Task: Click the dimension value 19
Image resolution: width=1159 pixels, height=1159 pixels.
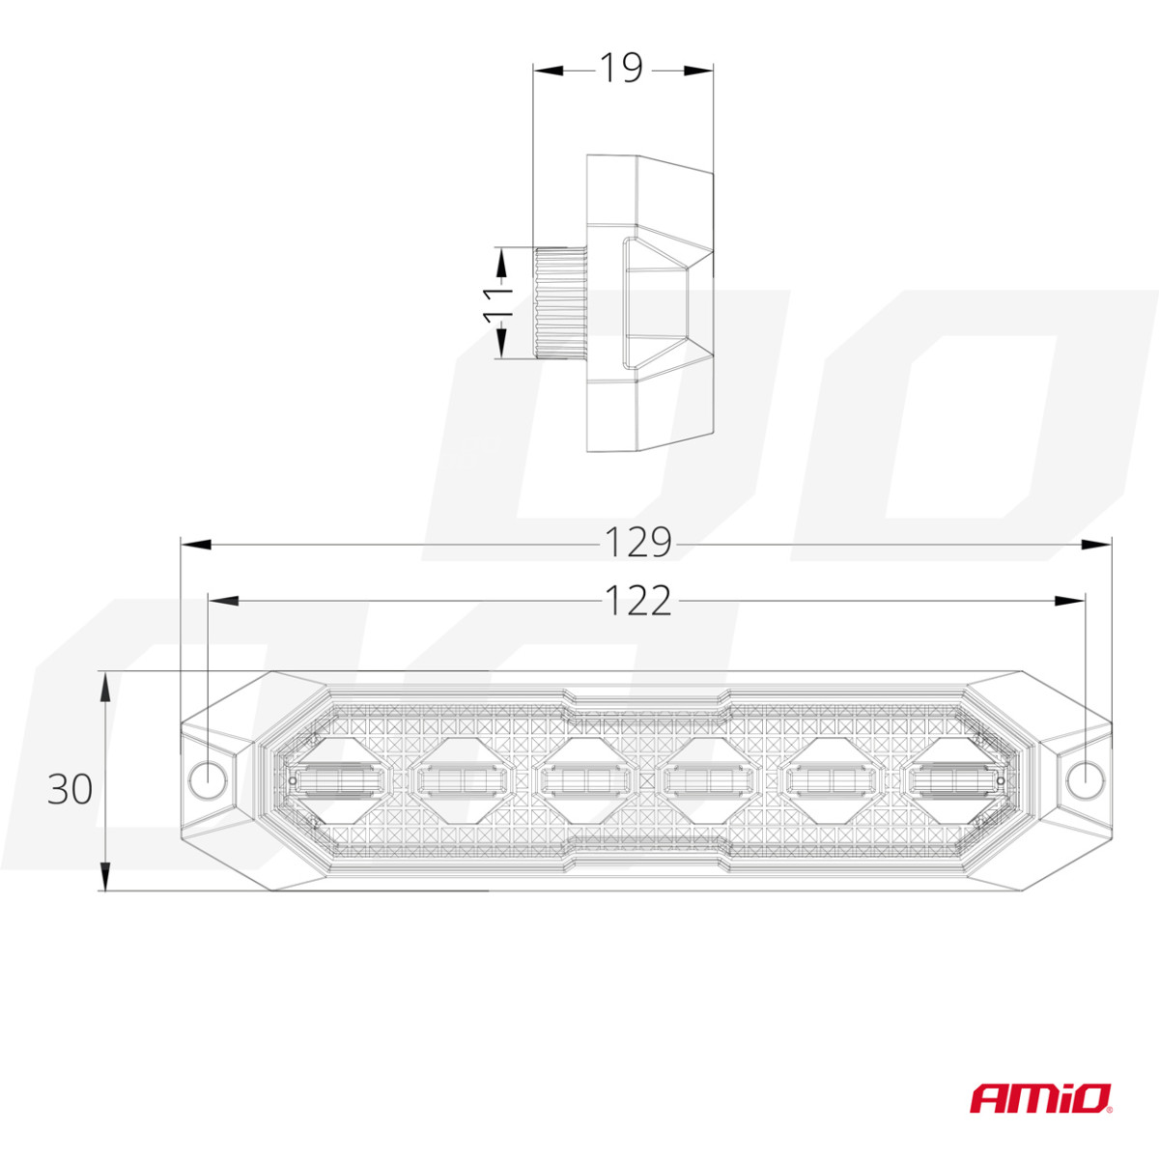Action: point(621,68)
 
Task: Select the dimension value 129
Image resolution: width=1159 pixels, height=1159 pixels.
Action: point(637,543)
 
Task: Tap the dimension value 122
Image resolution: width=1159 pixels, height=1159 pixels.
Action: point(637,601)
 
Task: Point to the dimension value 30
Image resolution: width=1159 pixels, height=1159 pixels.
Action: point(71,789)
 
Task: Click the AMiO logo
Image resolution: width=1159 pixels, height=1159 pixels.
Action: point(1040,1097)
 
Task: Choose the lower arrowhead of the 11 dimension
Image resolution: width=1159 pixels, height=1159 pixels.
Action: point(501,342)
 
